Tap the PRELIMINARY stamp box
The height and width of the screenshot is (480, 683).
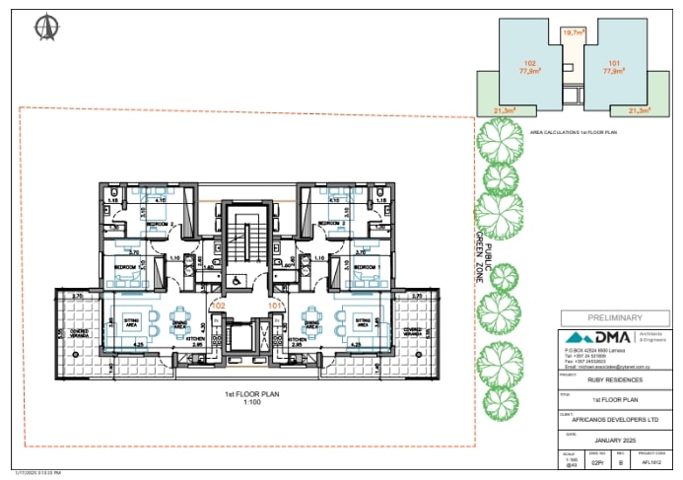click(x=614, y=317)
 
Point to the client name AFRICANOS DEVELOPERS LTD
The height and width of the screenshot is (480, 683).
click(x=614, y=418)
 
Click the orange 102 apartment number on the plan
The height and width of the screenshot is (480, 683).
click(x=219, y=307)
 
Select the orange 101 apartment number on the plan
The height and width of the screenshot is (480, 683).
click(x=277, y=307)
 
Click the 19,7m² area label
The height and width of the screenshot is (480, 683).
click(x=574, y=33)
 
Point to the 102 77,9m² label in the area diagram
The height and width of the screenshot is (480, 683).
click(x=530, y=66)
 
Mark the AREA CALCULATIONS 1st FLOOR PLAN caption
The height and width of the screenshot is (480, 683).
click(x=574, y=129)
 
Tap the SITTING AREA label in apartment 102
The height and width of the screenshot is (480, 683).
click(x=130, y=320)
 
